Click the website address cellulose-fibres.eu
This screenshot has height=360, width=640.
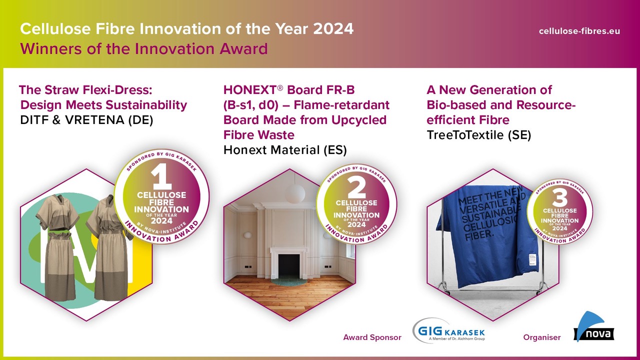[x=579, y=31]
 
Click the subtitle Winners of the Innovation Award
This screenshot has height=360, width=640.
[x=143, y=49]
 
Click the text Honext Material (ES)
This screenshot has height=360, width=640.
[x=285, y=150]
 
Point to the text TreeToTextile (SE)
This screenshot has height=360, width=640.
[x=478, y=135]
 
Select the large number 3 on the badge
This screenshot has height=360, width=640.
[x=559, y=198]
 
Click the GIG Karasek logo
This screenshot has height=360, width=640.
[x=448, y=331]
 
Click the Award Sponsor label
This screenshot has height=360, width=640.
[x=372, y=337]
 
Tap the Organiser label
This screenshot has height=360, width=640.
[x=541, y=337]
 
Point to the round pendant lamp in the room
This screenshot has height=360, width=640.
[x=295, y=194]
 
